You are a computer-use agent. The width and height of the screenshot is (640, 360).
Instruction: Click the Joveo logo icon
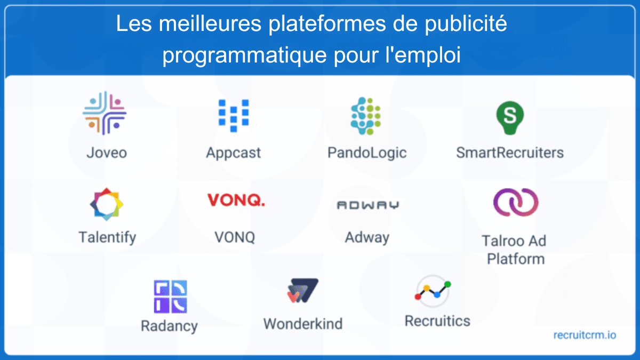click(x=105, y=113)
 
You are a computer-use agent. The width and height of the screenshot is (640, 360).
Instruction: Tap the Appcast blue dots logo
click(x=234, y=115)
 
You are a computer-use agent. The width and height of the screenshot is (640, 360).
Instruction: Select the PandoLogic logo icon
click(x=365, y=116)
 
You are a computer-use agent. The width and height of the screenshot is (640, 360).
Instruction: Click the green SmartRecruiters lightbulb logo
click(x=509, y=117)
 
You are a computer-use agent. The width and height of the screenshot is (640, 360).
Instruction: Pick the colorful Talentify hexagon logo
click(x=106, y=204)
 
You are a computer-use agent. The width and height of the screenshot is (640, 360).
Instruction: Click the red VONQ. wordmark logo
click(x=236, y=201)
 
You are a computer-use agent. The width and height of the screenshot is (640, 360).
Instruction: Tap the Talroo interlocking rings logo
click(x=515, y=202)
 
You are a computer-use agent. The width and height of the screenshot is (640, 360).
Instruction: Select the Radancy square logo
click(x=170, y=296)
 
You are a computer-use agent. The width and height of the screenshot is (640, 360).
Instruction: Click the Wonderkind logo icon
click(x=302, y=291)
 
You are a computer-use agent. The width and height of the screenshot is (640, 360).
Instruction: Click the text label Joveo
click(x=107, y=153)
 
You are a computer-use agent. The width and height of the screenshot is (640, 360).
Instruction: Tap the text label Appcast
click(x=234, y=153)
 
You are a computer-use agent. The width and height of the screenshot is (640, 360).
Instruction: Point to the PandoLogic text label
click(x=367, y=153)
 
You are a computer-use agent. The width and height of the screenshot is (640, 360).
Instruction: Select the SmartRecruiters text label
click(x=509, y=153)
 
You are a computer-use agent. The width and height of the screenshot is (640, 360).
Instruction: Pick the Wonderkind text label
click(x=302, y=323)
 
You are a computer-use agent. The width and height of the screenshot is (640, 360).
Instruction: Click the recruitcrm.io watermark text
click(x=585, y=335)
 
